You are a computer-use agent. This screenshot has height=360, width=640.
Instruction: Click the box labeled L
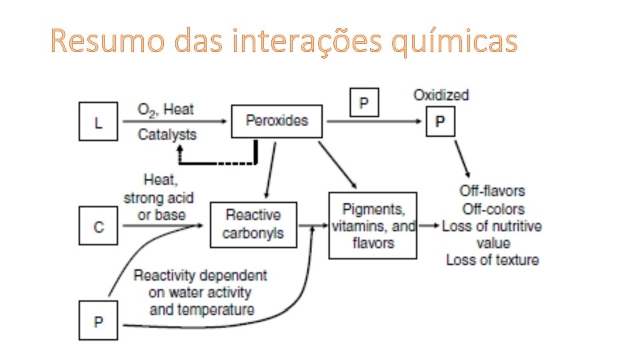tap(98, 121)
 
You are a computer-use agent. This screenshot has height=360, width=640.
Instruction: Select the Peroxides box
tap(277, 121)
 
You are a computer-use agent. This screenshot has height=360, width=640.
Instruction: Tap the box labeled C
tap(99, 227)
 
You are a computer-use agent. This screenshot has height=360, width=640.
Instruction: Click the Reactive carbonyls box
tap(253, 224)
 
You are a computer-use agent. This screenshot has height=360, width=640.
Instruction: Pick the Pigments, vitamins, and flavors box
tap(373, 225)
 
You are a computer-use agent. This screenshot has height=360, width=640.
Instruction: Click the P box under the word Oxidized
tap(440, 121)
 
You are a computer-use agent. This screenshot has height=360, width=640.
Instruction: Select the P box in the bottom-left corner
tap(98, 321)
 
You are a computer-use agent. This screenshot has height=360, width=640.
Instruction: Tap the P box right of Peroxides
tap(364, 103)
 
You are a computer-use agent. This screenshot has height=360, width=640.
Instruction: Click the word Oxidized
tap(441, 95)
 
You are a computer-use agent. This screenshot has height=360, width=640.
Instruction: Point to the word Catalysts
tap(167, 135)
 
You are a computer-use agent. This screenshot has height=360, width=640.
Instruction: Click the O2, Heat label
tap(165, 109)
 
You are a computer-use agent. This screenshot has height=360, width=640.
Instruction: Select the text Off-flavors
tap(492, 191)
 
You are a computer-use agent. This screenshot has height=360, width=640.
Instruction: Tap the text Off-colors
tap(493, 209)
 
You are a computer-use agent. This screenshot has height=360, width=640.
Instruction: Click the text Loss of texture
tap(492, 260)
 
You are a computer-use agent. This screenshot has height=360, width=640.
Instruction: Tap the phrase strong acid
tap(159, 198)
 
